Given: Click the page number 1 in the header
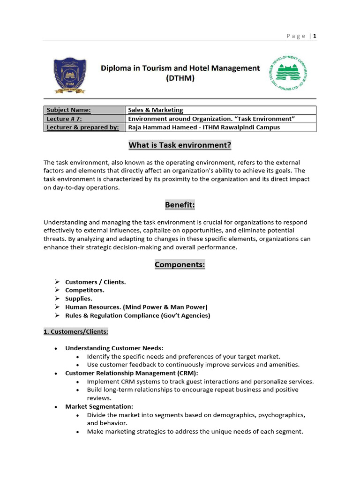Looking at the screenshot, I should point(315,36).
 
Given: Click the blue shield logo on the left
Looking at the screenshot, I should point(69,75).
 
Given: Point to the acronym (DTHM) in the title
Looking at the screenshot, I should point(180,79).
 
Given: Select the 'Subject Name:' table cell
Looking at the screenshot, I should point(68,110).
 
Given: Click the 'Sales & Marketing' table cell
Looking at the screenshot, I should point(156,110).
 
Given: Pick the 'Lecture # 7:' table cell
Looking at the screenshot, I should point(65,119).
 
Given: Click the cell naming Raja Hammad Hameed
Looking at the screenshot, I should point(204,127).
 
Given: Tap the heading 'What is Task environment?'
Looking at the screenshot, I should point(180,145).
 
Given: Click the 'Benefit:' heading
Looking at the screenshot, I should point(180,205).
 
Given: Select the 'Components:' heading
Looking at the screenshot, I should point(180,265).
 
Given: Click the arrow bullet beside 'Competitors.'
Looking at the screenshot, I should point(57,290).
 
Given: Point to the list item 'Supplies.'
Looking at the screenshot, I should point(79,299).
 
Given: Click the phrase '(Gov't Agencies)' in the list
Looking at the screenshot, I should point(186,315).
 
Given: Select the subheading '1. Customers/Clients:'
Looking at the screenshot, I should point(76,332).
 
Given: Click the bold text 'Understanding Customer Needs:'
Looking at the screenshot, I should point(114,348).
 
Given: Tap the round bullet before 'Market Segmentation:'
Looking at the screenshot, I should point(56,407).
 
